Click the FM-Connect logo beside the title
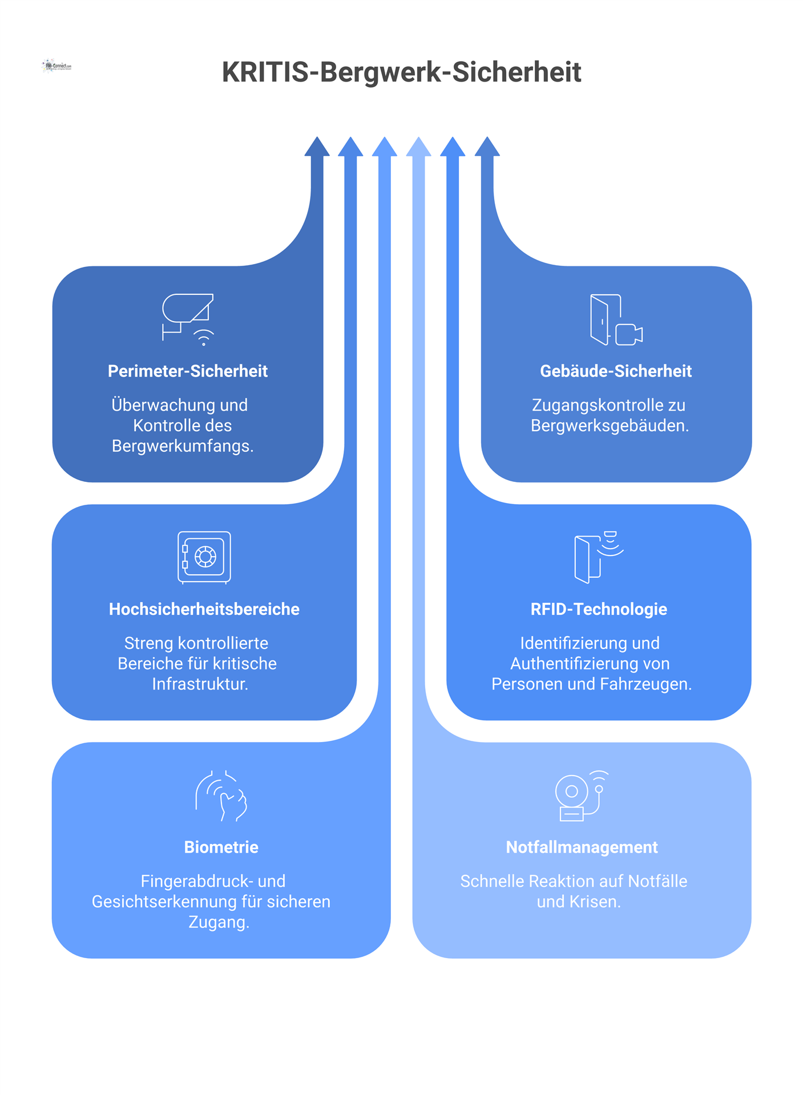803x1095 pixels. (x=57, y=66)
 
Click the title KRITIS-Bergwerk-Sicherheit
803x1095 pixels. (x=401, y=72)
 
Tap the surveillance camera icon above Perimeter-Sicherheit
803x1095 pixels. (x=188, y=319)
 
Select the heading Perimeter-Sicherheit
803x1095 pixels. (x=188, y=371)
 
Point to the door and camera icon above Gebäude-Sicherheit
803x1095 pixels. (x=616, y=320)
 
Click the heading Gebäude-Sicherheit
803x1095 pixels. (x=615, y=371)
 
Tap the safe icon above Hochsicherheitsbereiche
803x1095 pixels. (x=204, y=557)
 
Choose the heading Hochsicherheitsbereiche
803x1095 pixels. (x=204, y=609)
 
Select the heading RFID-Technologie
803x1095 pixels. (x=599, y=609)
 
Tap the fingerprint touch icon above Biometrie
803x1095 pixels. (x=221, y=796)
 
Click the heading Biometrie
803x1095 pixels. (x=221, y=847)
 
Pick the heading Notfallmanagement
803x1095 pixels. (x=582, y=847)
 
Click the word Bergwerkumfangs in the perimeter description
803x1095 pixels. (x=181, y=446)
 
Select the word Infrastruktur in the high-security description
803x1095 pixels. (x=199, y=684)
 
